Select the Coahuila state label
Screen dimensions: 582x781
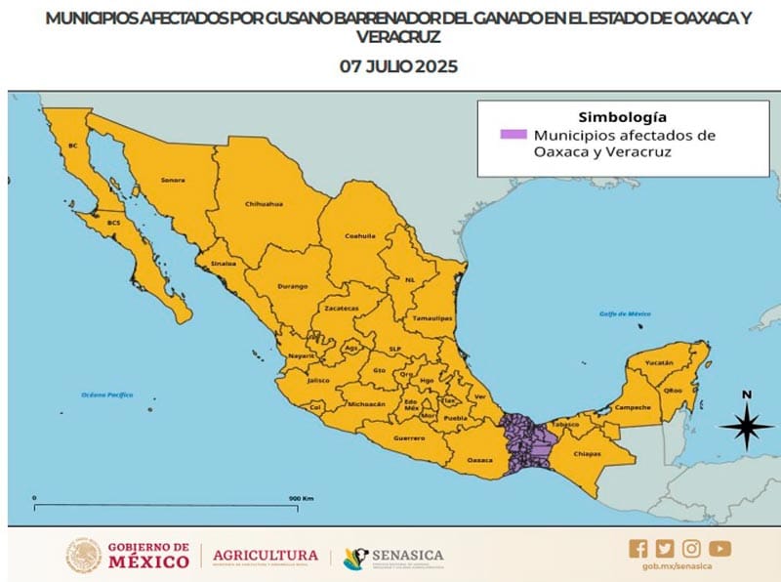pyautogui.click(x=360, y=235)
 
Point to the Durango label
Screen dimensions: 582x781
pyautogui.click(x=293, y=286)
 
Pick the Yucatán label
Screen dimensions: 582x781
pyautogui.click(x=660, y=362)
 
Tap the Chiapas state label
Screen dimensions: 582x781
pyautogui.click(x=588, y=453)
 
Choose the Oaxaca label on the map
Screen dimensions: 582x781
pyautogui.click(x=480, y=459)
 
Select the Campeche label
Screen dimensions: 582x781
pyautogui.click(x=632, y=407)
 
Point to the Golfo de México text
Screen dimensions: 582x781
pyautogui.click(x=625, y=313)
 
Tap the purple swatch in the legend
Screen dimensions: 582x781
pyautogui.click(x=513, y=134)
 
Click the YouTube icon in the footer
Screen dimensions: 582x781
pyautogui.click(x=719, y=549)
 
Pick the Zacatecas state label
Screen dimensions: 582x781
pyautogui.click(x=343, y=309)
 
